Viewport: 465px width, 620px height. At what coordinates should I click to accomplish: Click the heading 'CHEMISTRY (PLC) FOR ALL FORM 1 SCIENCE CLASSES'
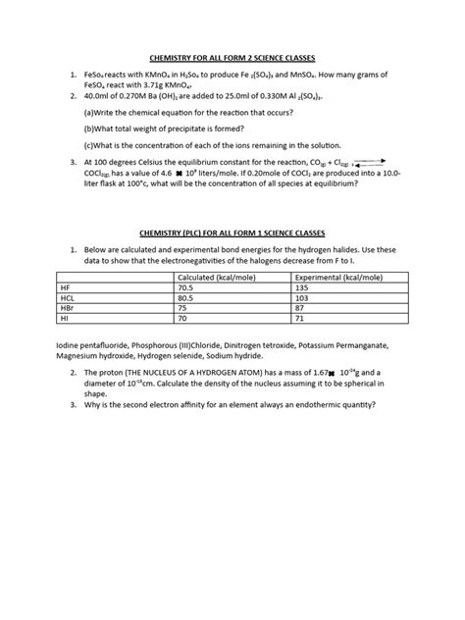[232, 235]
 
